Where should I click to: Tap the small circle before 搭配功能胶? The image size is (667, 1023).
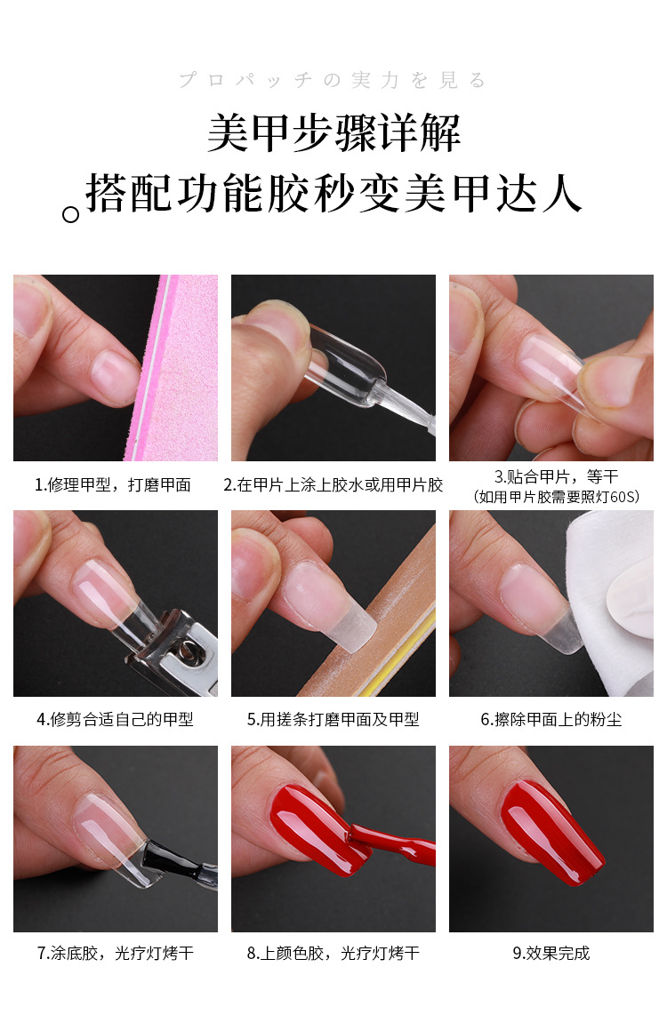[70, 214]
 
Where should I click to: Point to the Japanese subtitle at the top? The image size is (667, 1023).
[333, 81]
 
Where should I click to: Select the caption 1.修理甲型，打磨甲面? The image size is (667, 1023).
[113, 485]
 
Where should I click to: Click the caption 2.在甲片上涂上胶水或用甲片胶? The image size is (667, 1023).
[333, 485]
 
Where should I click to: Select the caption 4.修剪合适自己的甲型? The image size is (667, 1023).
[115, 720]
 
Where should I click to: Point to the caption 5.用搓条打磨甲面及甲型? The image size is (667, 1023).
[333, 720]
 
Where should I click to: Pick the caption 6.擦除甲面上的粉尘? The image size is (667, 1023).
[551, 720]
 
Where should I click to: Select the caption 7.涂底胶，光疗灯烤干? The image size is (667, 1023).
[115, 954]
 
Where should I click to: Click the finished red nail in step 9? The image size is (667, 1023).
[551, 831]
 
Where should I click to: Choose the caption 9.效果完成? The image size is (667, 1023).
[551, 954]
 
